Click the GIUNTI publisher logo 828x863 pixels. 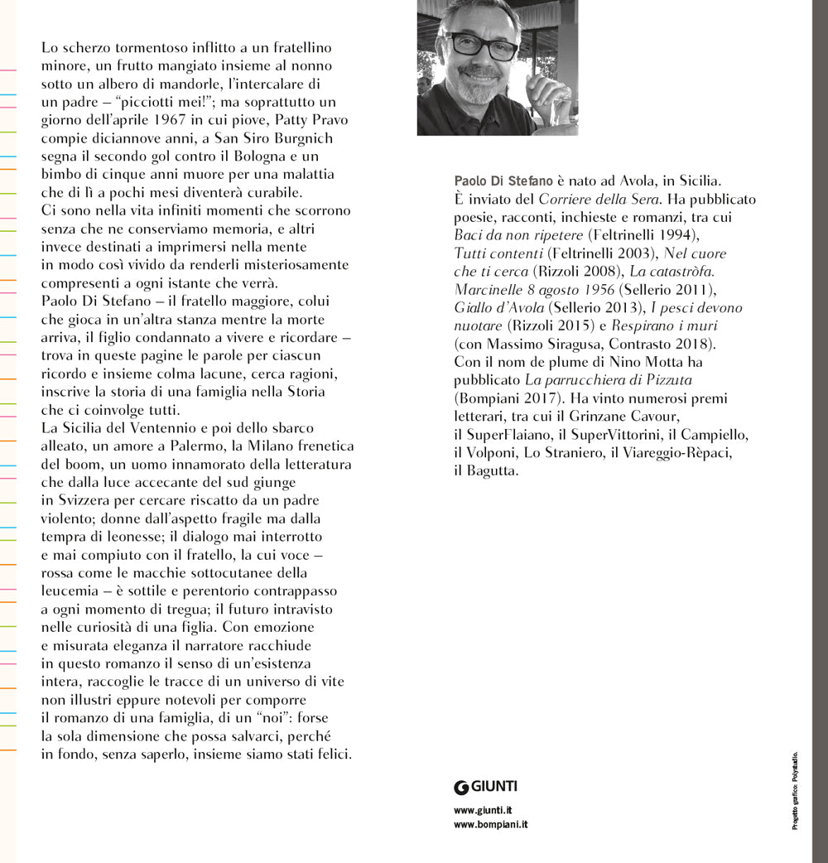pos(485,787)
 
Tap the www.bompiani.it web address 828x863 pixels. pos(491,824)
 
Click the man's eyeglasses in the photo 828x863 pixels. pos(481,46)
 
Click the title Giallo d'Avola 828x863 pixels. pos(498,307)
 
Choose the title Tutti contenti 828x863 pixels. pos(502,253)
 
